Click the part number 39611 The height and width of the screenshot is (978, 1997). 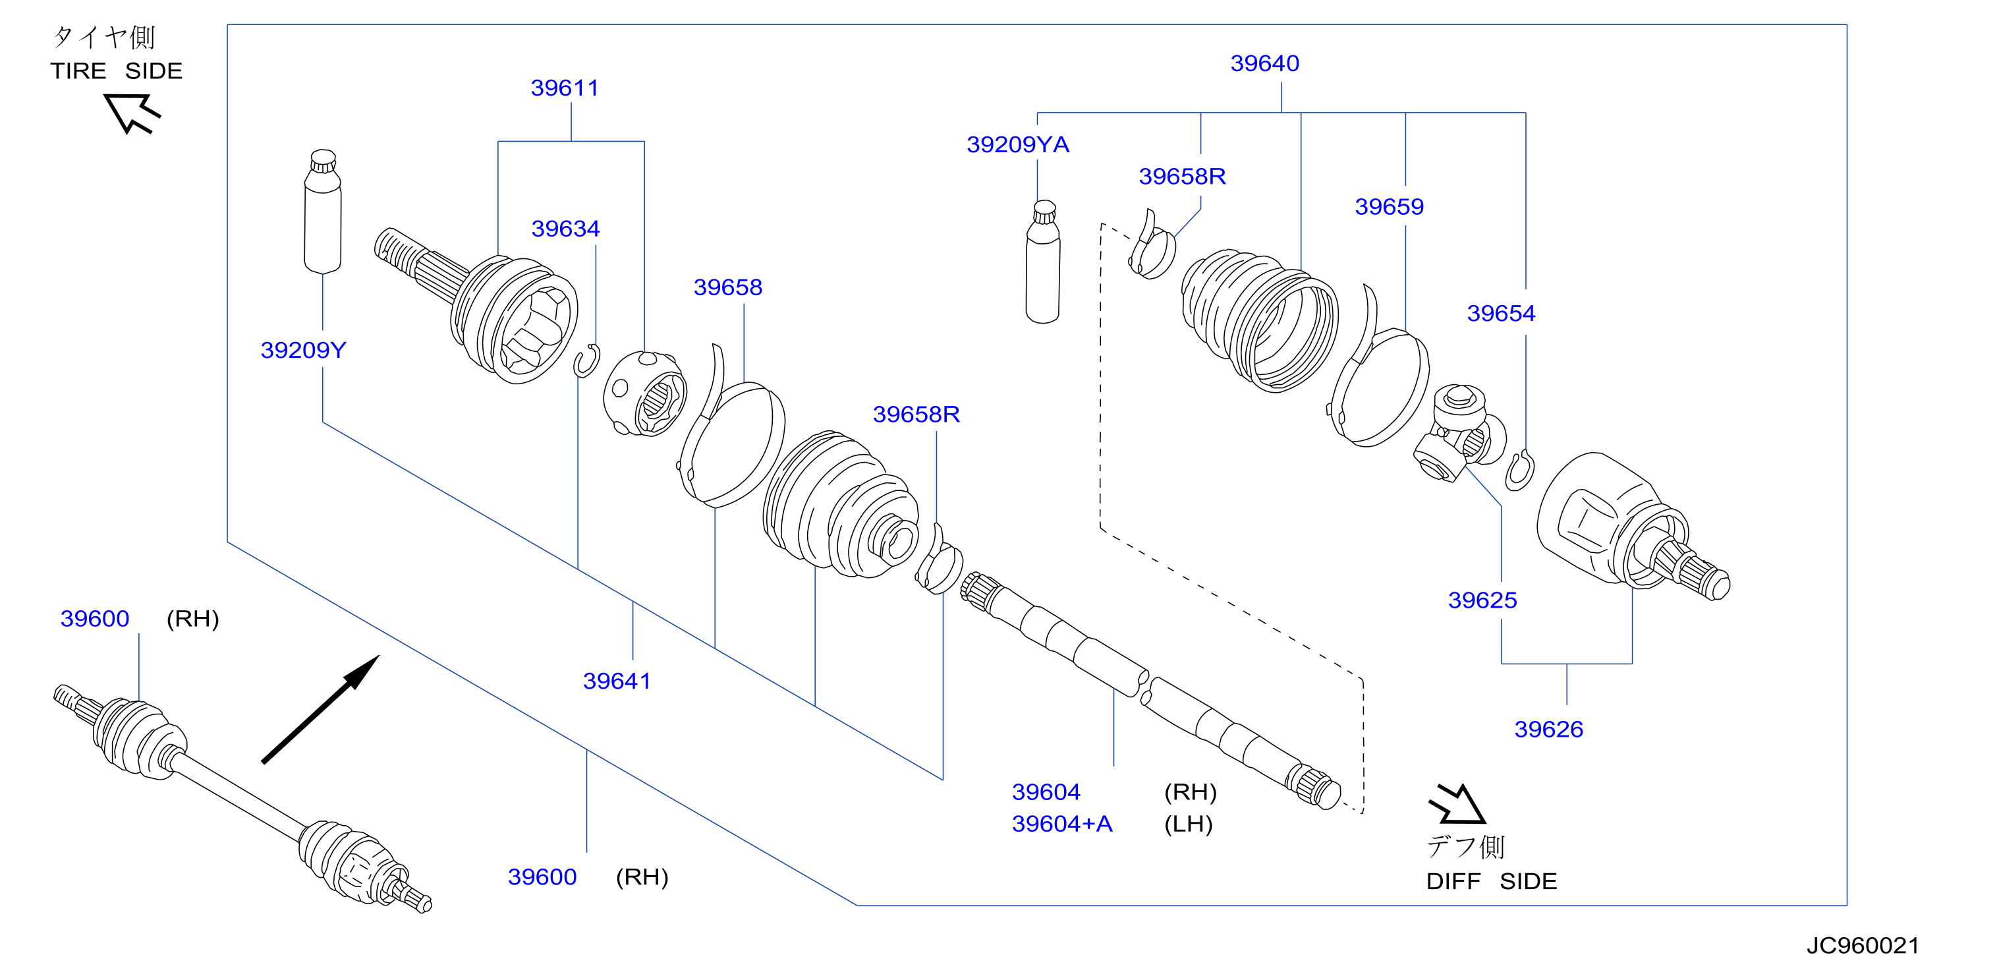[565, 88]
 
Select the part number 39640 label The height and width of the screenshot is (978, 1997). [1264, 63]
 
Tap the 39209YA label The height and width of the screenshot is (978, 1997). [1018, 144]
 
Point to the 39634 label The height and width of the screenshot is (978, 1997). [565, 229]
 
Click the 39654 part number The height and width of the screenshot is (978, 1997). [1501, 313]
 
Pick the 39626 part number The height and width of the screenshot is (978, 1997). [1549, 729]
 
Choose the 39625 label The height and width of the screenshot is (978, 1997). [1482, 600]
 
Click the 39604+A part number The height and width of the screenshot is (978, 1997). [1062, 824]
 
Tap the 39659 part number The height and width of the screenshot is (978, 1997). [1390, 207]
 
